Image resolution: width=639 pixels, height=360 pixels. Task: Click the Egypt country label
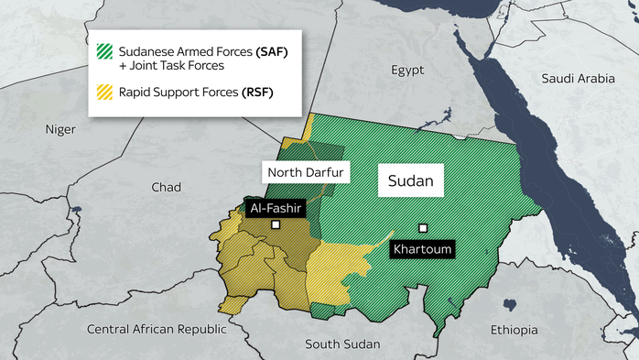pos(408,70)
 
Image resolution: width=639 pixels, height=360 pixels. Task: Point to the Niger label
pos(60,129)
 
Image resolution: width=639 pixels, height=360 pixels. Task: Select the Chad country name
pos(167,187)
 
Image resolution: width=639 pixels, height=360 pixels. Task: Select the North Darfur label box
pos(305,171)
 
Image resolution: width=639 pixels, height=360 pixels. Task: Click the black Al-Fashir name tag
pos(276,208)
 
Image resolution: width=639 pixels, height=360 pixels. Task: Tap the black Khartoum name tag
pos(422,248)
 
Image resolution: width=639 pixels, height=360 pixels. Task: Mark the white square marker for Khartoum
pos(423,228)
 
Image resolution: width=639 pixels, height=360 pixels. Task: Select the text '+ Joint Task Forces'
pos(172,66)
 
